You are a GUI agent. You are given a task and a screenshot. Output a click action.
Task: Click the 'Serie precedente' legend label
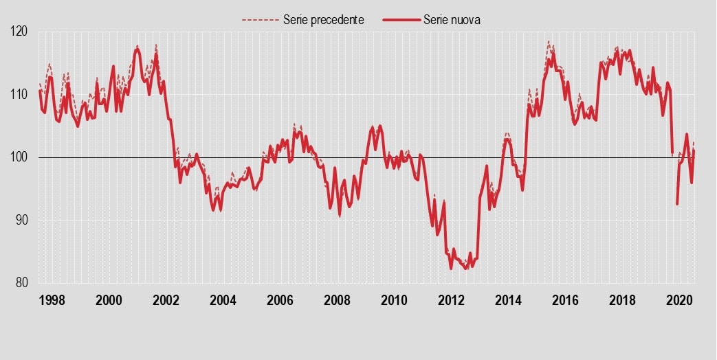click(x=323, y=20)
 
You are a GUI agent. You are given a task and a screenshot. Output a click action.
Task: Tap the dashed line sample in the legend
click(x=260, y=20)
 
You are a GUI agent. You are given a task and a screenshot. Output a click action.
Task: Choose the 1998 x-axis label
click(x=52, y=300)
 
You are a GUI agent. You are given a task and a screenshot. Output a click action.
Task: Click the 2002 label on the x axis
click(x=166, y=300)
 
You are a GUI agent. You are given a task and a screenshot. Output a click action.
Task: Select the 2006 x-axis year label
click(x=280, y=300)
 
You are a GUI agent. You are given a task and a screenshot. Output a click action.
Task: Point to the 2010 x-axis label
click(x=394, y=300)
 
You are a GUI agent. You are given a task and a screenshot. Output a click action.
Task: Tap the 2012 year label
click(x=451, y=300)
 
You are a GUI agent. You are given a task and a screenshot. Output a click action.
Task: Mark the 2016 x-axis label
click(x=565, y=300)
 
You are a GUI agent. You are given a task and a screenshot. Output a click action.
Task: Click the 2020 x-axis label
click(x=679, y=300)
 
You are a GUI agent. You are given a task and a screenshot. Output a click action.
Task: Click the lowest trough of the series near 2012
click(x=465, y=269)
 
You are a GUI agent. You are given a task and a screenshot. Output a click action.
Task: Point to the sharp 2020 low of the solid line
click(x=677, y=204)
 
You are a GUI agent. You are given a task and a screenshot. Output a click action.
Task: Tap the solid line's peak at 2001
click(x=137, y=49)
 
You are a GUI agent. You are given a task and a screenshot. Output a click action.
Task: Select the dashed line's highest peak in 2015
click(x=549, y=41)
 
